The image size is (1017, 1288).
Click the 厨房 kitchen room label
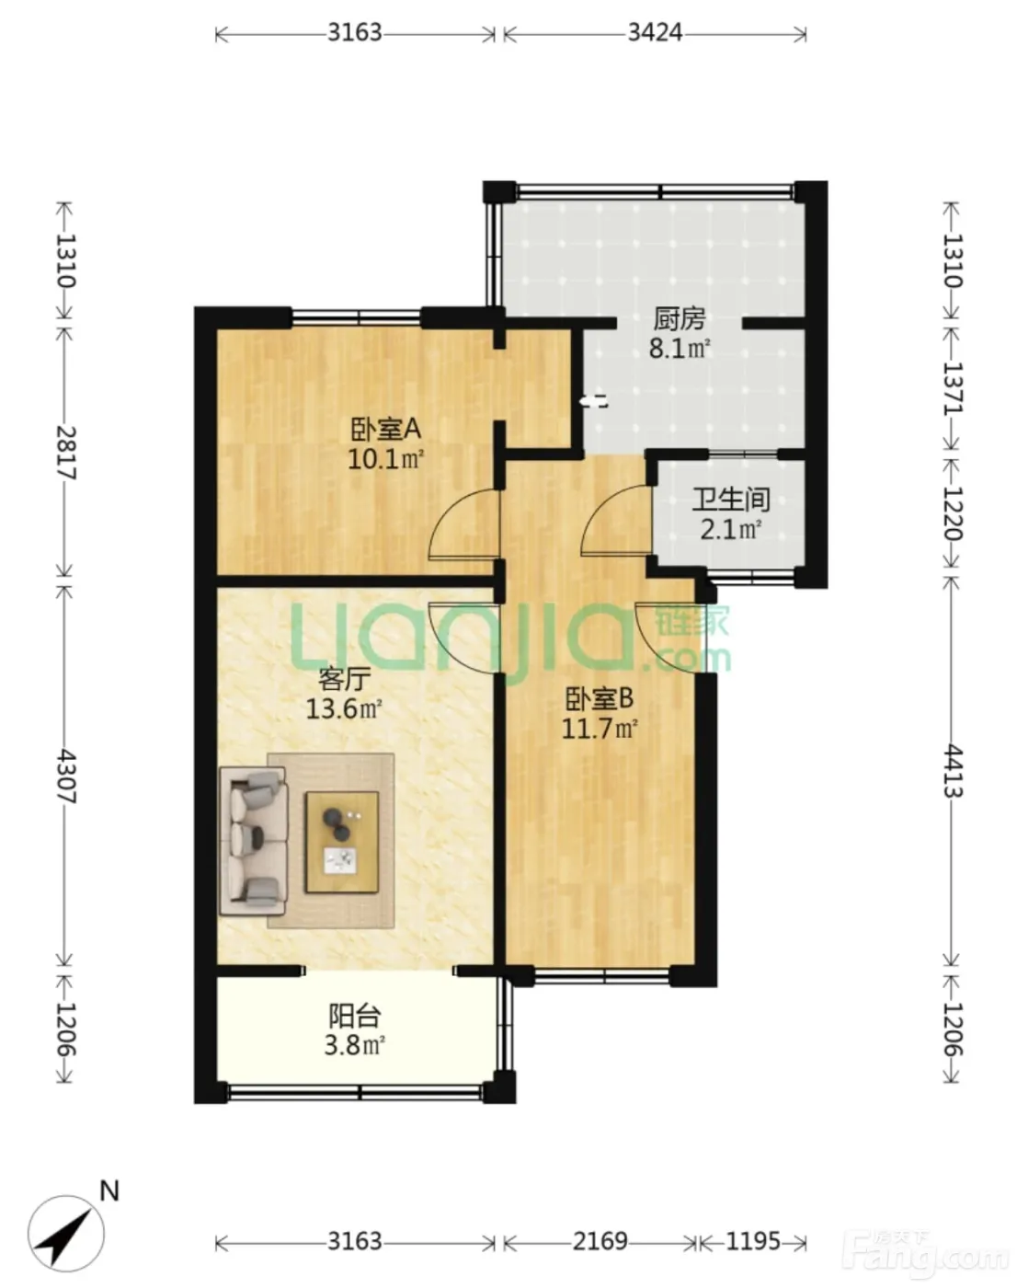(679, 319)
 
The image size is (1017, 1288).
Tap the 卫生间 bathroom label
(731, 500)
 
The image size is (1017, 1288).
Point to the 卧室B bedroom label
(600, 698)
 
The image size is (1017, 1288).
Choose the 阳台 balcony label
(355, 1015)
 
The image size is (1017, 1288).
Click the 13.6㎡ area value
(344, 709)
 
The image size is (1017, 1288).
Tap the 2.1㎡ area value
(731, 530)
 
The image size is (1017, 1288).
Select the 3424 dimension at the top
(655, 32)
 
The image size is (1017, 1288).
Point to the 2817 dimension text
(65, 453)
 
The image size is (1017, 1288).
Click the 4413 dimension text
(953, 771)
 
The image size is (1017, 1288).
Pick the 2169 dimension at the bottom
(600, 1241)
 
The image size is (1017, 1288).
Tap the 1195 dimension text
(753, 1241)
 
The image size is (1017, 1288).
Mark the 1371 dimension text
(953, 389)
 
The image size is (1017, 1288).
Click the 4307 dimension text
(65, 776)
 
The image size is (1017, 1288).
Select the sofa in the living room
(254, 842)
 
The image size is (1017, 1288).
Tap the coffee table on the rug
(341, 843)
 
